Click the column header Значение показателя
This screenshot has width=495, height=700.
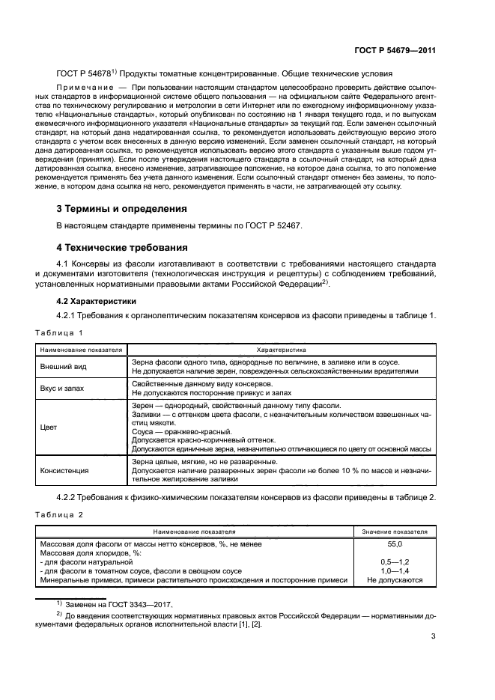pyautogui.click(x=395, y=531)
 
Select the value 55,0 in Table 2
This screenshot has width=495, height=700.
pyautogui.click(x=395, y=544)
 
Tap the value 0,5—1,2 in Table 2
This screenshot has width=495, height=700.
pyautogui.click(x=395, y=561)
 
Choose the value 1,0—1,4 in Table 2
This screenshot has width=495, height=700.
pyautogui.click(x=395, y=570)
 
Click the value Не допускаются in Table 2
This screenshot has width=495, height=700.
pyautogui.click(x=395, y=579)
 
